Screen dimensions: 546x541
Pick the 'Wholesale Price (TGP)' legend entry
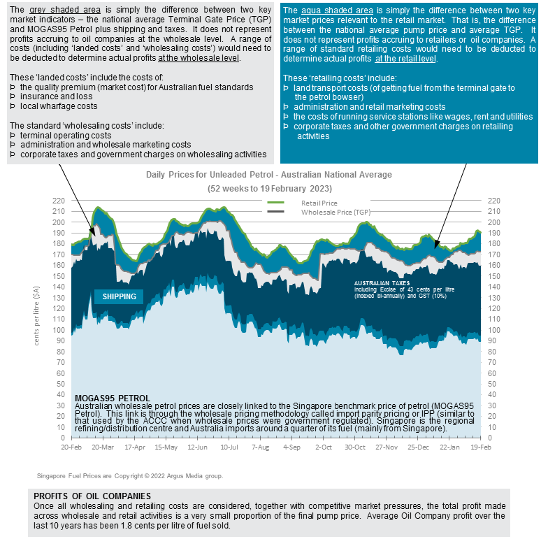click(335, 211)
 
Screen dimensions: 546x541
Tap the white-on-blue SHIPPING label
click(119, 296)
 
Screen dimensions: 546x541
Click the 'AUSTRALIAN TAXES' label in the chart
click(382, 282)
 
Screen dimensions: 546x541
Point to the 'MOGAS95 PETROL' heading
click(112, 398)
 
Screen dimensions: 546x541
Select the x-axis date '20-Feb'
click(72, 446)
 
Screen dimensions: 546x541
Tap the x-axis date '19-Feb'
click(479, 446)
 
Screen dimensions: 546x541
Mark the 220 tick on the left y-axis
click(59, 200)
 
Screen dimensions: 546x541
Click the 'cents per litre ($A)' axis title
click(36, 319)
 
